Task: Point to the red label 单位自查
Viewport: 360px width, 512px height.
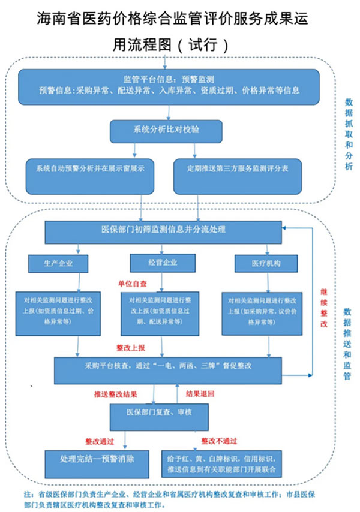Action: [131, 281]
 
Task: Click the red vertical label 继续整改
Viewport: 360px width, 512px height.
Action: [323, 307]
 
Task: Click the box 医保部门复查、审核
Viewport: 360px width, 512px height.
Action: [158, 413]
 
